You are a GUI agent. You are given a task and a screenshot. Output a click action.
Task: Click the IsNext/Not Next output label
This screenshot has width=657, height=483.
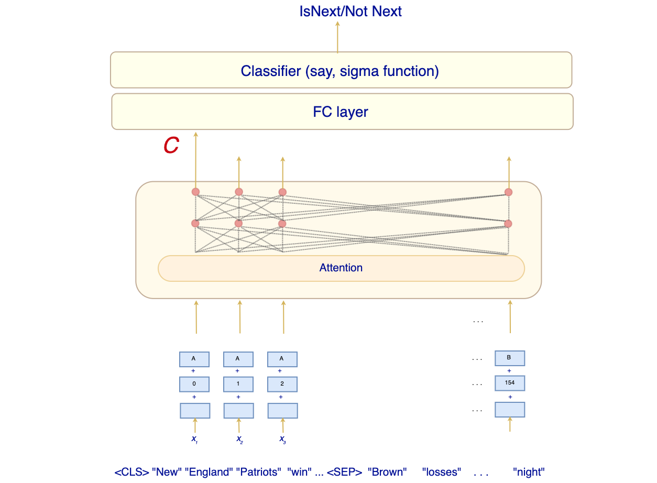pyautogui.click(x=350, y=11)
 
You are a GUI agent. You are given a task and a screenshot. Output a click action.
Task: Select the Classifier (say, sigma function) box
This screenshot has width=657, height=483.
pyautogui.click(x=341, y=70)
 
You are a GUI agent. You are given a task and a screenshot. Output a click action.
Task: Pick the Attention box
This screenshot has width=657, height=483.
pyautogui.click(x=341, y=268)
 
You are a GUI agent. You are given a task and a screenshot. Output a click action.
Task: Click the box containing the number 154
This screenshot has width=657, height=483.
pyautogui.click(x=510, y=383)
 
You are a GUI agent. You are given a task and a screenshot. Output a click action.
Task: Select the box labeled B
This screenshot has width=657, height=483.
pyautogui.click(x=510, y=358)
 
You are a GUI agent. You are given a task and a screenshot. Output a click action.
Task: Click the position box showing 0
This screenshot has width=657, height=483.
pyautogui.click(x=194, y=384)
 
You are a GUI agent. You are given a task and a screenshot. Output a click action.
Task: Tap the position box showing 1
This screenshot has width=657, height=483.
pyautogui.click(x=238, y=384)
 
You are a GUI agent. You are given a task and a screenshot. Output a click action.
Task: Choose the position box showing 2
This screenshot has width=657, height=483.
pyautogui.click(x=282, y=384)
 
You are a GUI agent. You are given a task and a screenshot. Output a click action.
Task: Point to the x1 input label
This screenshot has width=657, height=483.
pyautogui.click(x=194, y=439)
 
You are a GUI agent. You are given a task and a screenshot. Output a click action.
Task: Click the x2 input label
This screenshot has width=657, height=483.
pyautogui.click(x=239, y=439)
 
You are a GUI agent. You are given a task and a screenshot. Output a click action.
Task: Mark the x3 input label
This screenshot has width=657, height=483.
pyautogui.click(x=283, y=439)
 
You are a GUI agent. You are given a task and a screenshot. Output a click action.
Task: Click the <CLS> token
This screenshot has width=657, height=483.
pyautogui.click(x=132, y=472)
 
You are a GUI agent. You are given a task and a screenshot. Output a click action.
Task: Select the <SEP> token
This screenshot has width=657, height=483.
pyautogui.click(x=344, y=472)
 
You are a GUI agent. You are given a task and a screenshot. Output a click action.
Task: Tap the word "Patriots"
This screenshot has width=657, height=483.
pyautogui.click(x=259, y=472)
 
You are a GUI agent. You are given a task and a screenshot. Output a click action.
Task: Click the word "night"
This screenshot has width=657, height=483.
pyautogui.click(x=529, y=472)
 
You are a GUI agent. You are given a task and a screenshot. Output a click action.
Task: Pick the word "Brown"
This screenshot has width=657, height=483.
pyautogui.click(x=388, y=472)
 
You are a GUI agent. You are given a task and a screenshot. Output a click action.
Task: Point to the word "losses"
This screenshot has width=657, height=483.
pyautogui.click(x=442, y=472)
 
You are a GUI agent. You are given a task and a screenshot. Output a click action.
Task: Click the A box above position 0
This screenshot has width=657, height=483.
pyautogui.click(x=194, y=359)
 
